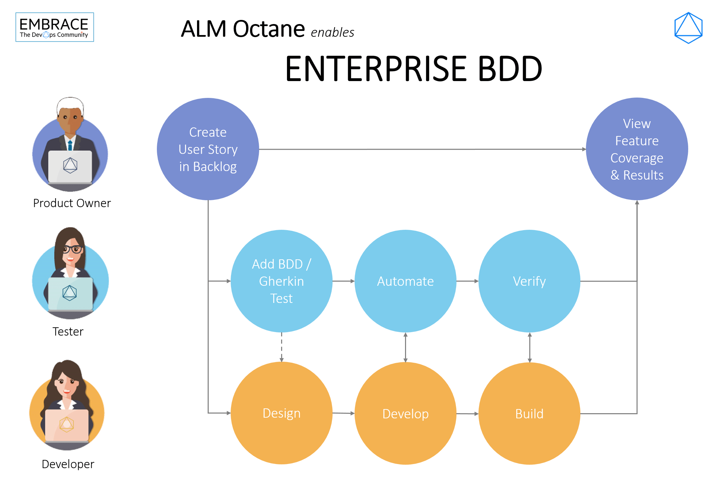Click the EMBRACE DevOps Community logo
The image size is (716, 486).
pos(55,27)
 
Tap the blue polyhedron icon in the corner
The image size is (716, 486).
pos(688,28)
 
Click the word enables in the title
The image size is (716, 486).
pos(332,33)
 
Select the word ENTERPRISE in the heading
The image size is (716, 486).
pos(376,69)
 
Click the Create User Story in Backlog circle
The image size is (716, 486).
pos(208,149)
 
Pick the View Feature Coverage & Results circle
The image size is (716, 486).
pos(637,149)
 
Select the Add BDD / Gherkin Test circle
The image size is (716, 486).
pos(281,281)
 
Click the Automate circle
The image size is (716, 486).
pos(405,281)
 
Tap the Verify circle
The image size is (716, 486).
pos(529,281)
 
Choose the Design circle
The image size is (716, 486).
pos(281,413)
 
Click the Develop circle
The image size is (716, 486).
pos(405,414)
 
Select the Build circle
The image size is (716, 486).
pos(529,414)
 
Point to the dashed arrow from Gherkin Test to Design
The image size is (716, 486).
pos(281,347)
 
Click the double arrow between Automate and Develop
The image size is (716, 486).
pos(405,347)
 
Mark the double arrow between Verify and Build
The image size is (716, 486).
pos(530,347)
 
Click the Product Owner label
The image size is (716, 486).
pos(72,203)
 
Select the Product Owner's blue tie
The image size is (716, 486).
pos(70,145)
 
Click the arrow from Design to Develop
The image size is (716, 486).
pos(343,413)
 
